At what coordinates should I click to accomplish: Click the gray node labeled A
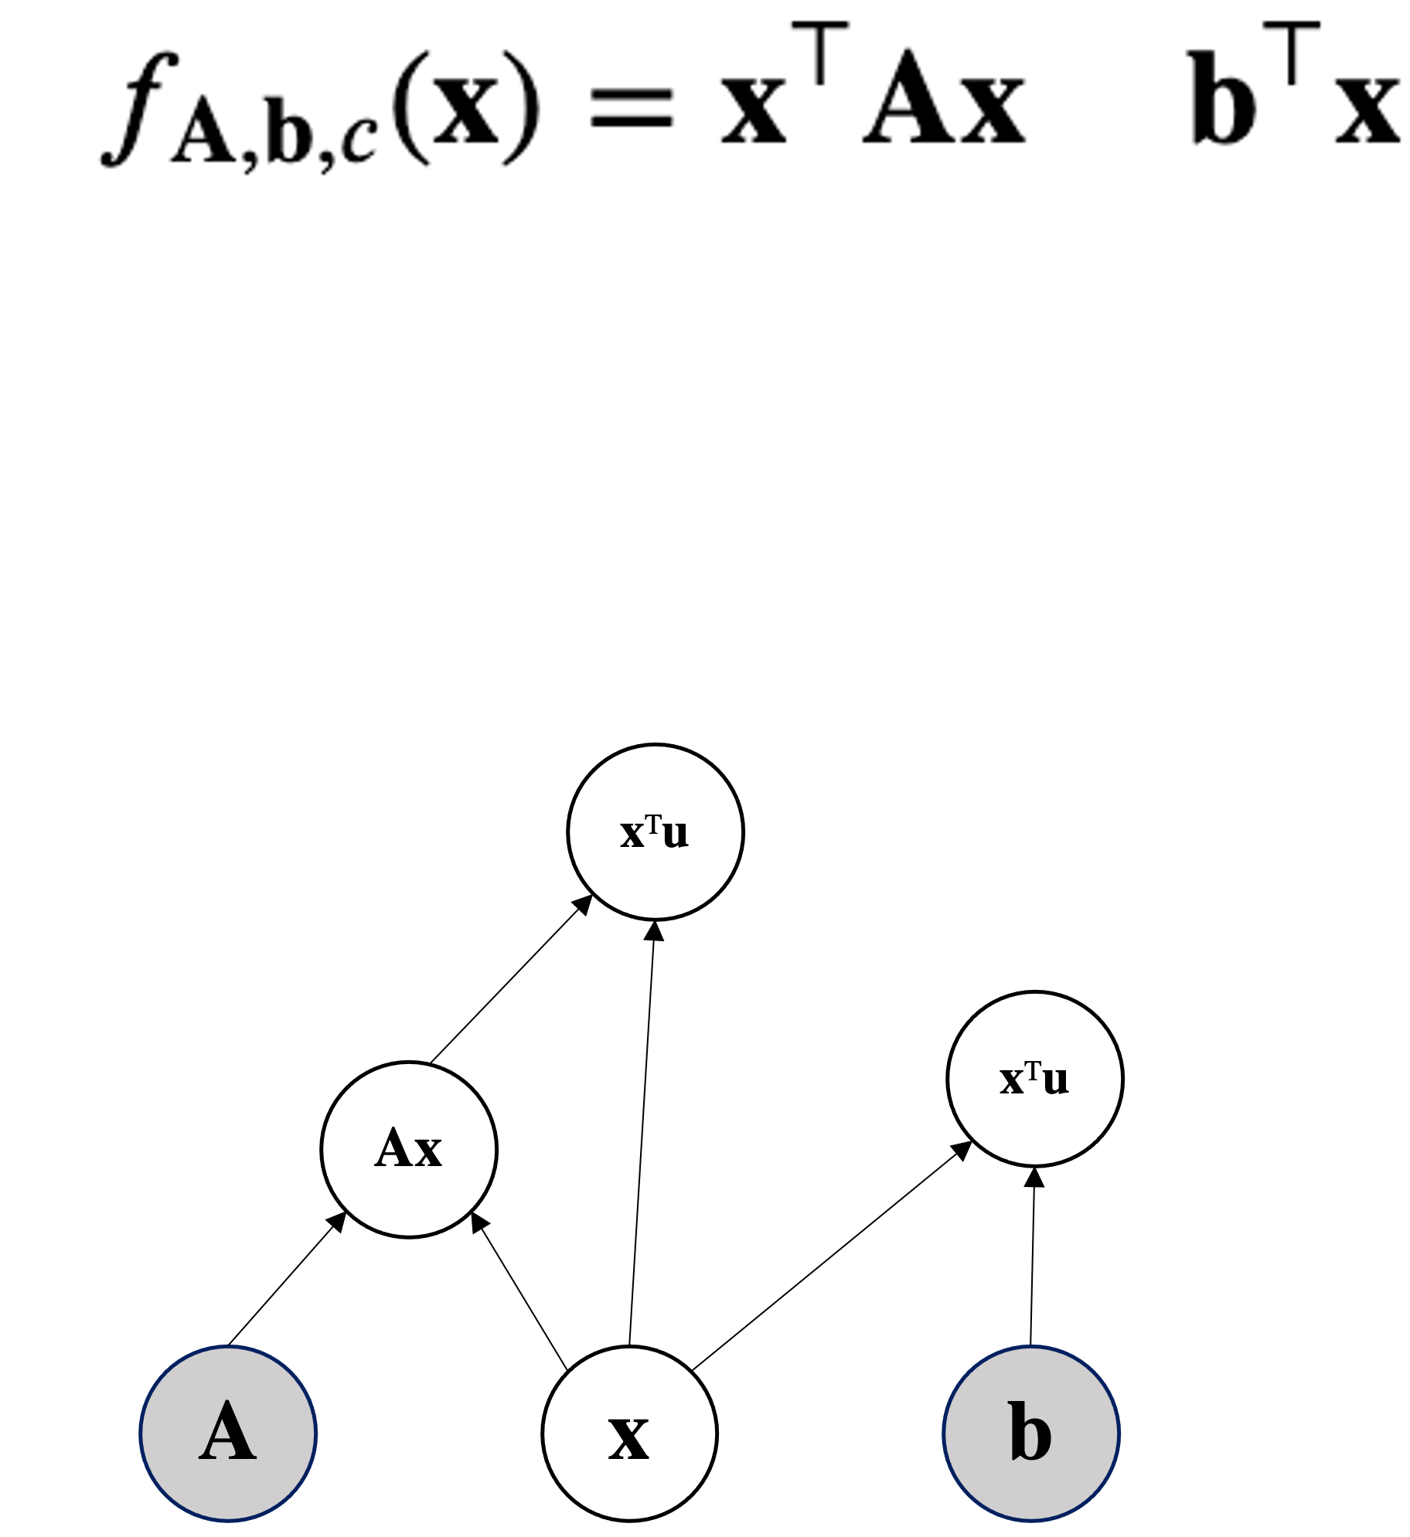point(228,1433)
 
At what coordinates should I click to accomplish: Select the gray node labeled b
point(1031,1433)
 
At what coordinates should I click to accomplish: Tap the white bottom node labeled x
point(629,1434)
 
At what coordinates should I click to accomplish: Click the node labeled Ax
point(409,1149)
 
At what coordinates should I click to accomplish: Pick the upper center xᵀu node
point(656,832)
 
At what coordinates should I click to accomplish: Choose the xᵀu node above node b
point(1035,1079)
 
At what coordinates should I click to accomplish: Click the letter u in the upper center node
point(675,834)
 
